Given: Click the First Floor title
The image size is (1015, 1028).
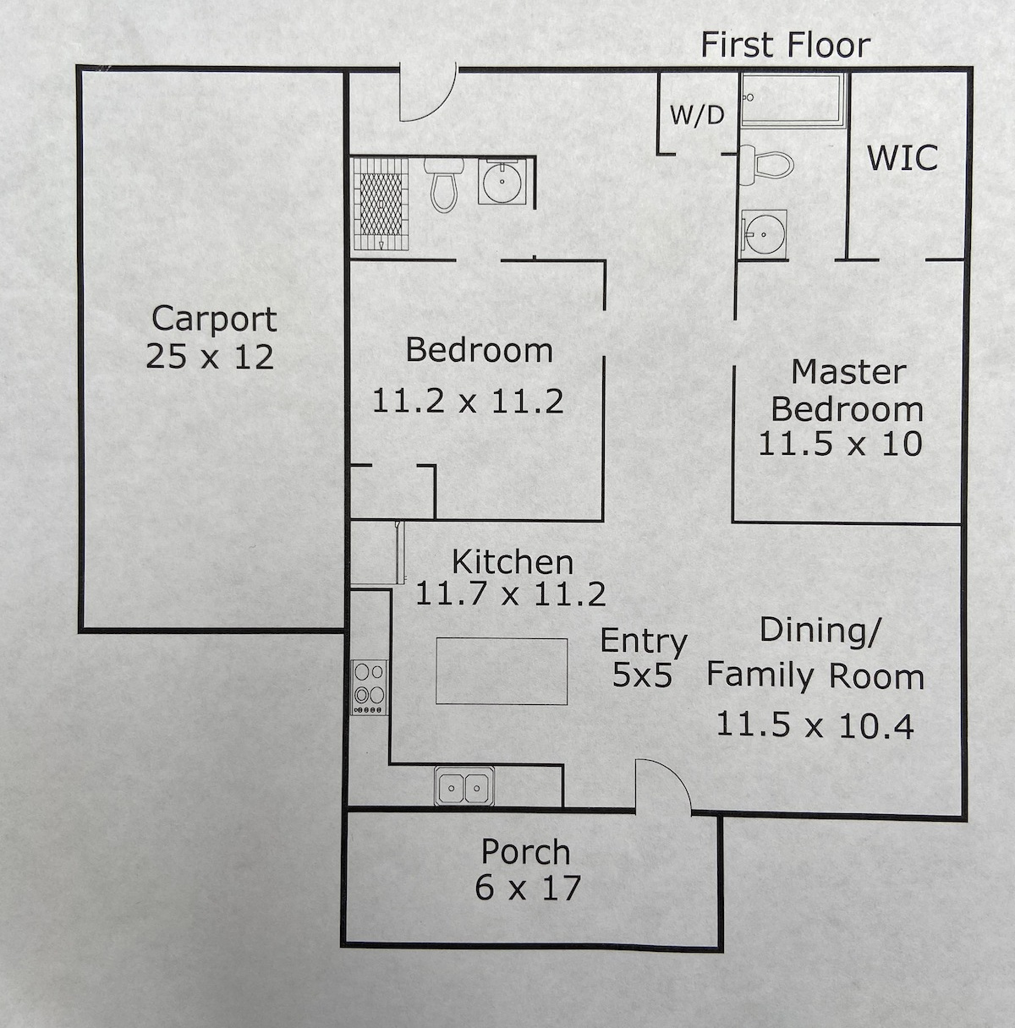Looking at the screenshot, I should [785, 45].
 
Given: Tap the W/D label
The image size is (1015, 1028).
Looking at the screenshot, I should [697, 115].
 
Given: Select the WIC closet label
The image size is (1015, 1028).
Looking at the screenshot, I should [903, 158].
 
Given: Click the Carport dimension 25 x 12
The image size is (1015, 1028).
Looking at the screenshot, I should [210, 357].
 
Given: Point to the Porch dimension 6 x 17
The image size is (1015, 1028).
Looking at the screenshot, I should [528, 889].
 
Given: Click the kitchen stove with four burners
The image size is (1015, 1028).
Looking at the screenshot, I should [370, 686].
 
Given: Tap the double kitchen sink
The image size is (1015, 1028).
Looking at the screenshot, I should [464, 787].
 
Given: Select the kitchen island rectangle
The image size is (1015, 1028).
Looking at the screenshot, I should [502, 671].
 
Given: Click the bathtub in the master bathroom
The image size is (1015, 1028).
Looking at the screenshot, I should [793, 100].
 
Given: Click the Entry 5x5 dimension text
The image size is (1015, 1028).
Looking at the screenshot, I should [642, 675].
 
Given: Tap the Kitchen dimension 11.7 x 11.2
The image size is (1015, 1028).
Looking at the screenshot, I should [510, 594].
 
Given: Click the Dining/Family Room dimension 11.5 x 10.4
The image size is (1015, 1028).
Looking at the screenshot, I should [815, 725].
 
